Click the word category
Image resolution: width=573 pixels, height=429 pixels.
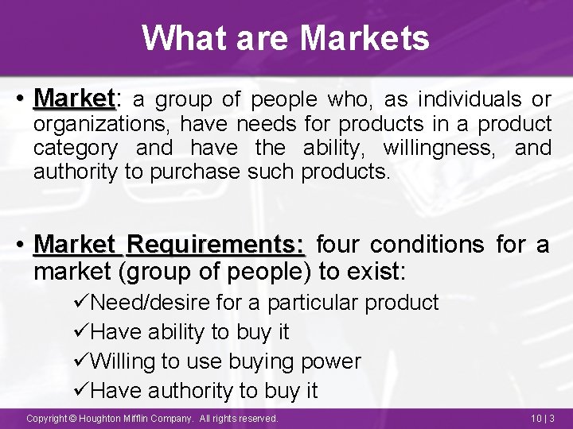click(76, 149)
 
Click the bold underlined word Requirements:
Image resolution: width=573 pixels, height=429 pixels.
click(215, 244)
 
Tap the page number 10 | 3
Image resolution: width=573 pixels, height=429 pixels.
click(540, 418)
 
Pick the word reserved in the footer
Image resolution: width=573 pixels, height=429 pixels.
click(256, 418)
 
